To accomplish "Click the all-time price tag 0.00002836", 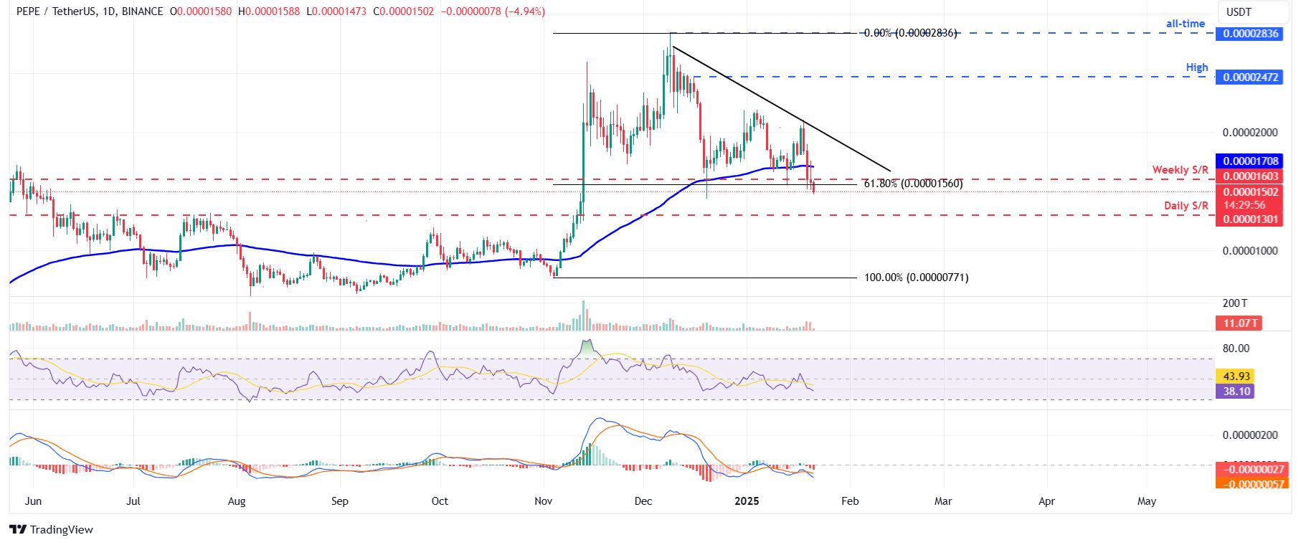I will click(x=1250, y=34).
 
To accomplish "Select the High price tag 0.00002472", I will click(x=1250, y=77).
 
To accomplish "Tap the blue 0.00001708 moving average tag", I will click(x=1250, y=161).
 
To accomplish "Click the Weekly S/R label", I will click(x=1180, y=170).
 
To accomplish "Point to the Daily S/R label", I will click(x=1186, y=206).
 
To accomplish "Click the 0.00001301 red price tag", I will click(x=1250, y=219).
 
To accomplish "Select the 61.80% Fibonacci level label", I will click(x=913, y=184).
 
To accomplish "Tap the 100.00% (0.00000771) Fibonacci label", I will click(x=916, y=278).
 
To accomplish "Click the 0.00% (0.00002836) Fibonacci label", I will click(x=910, y=33).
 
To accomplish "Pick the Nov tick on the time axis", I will click(x=543, y=501).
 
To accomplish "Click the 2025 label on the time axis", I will click(x=747, y=501).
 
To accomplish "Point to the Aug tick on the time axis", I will click(x=237, y=501).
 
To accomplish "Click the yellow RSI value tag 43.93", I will click(x=1236, y=376).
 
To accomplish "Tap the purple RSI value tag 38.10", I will click(x=1236, y=392).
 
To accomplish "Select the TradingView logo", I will click(x=52, y=530).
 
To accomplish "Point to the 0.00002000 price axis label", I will click(x=1250, y=133).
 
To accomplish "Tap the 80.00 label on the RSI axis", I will click(x=1236, y=349).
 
